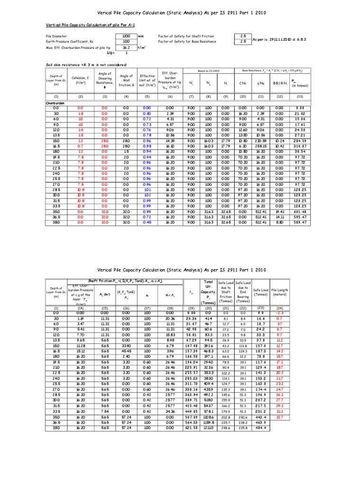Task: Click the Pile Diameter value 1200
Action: pos(126,36)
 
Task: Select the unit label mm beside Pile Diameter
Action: pos(141,36)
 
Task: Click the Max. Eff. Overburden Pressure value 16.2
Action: pos(126,47)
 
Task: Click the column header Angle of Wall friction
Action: pos(126,79)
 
